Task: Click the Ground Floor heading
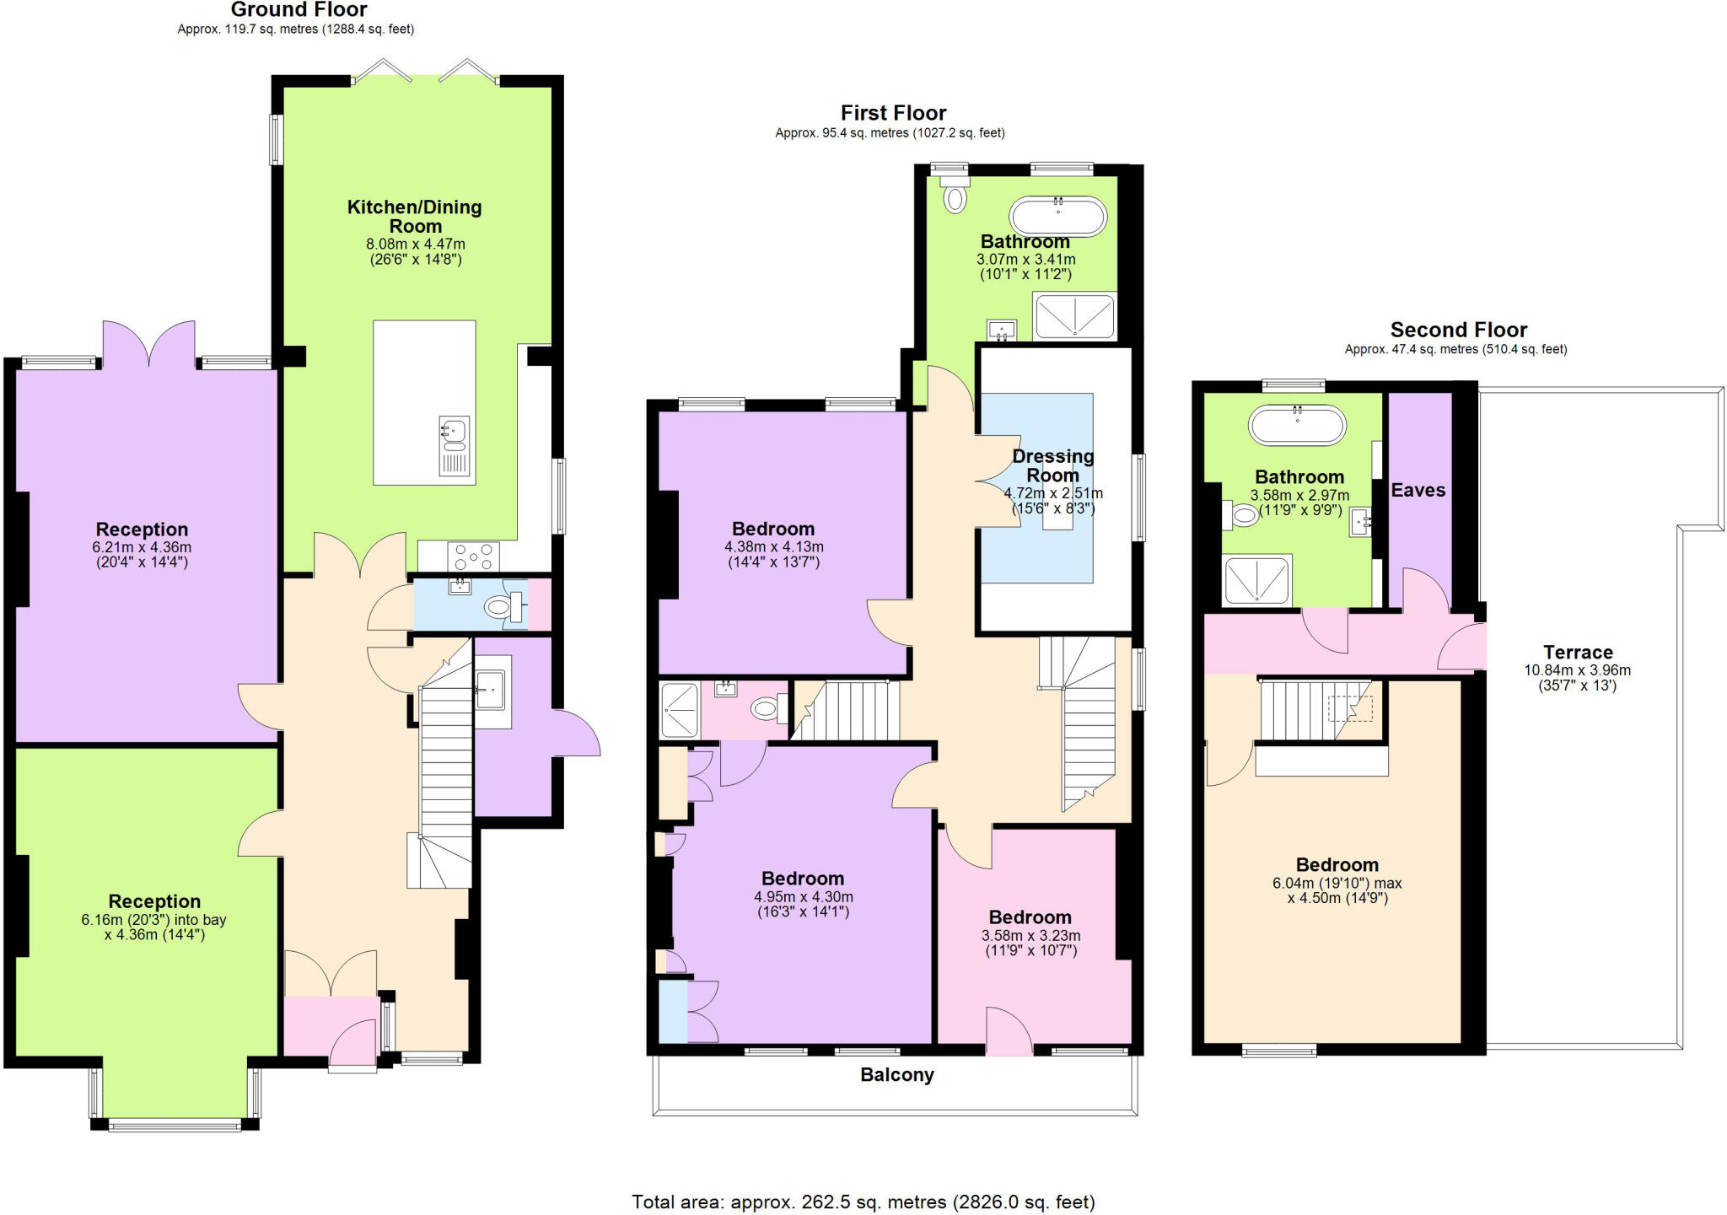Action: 299,11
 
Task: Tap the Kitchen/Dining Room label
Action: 415,216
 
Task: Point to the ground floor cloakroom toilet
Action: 503,605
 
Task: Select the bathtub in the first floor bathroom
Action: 1057,217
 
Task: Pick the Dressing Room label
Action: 1052,465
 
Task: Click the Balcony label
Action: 897,1075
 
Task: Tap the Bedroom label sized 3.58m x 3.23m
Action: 1030,917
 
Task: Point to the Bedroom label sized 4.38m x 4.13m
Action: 772,529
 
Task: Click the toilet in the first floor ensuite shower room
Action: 767,708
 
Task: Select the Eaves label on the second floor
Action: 1418,490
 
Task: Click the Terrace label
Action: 1578,652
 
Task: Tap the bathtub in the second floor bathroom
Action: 1297,425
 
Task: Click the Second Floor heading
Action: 1458,330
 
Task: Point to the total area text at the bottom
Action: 863,1202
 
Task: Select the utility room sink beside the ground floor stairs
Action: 491,688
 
